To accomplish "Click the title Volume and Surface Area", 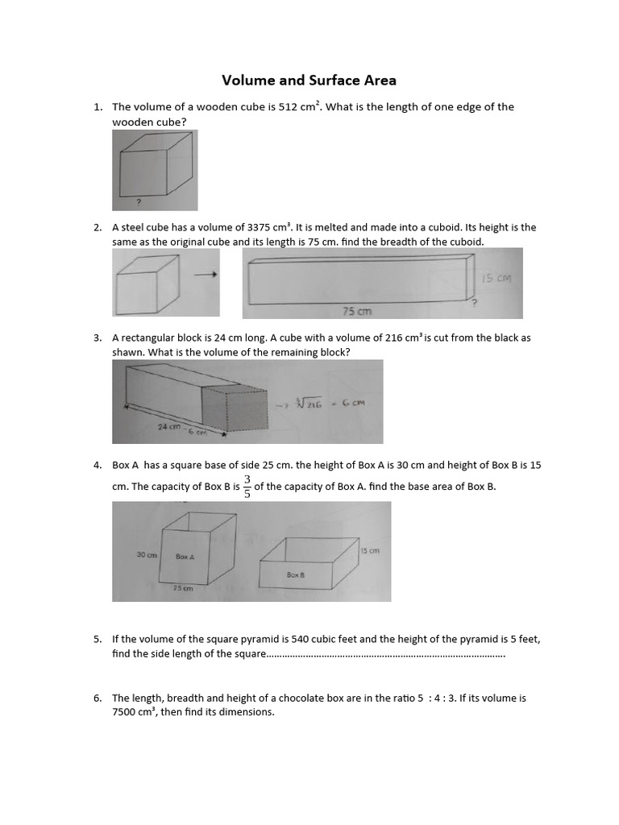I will click(309, 81).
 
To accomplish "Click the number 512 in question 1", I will click(289, 107).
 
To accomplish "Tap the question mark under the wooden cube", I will click(139, 202).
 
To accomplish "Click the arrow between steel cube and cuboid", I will click(207, 275).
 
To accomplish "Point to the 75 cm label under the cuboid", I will click(357, 310).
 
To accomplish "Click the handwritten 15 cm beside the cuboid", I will click(496, 279).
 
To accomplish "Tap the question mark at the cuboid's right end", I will click(474, 303).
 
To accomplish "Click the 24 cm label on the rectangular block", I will click(169, 427).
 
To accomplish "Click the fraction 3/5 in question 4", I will click(247, 486).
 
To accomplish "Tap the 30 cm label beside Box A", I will click(146, 555).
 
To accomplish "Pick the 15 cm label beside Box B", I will click(369, 551).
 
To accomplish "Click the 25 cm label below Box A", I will click(184, 589).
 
